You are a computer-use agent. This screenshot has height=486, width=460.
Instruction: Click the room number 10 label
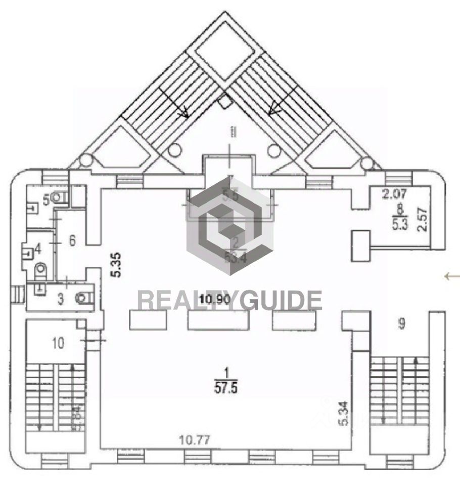pyautogui.click(x=59, y=343)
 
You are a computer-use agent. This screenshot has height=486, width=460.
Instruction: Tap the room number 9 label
pyautogui.click(x=401, y=324)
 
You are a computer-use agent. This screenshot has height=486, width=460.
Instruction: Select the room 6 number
pyautogui.click(x=72, y=241)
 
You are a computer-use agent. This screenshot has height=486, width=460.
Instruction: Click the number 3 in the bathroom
pyautogui.click(x=61, y=300)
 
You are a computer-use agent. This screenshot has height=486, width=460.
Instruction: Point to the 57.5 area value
pyautogui.click(x=227, y=389)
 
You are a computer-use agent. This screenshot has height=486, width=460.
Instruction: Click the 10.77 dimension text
pyautogui.click(x=195, y=441)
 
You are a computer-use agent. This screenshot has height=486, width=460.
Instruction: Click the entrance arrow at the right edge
pyautogui.click(x=452, y=276)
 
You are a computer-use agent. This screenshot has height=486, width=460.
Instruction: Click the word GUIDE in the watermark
pyautogui.click(x=281, y=300)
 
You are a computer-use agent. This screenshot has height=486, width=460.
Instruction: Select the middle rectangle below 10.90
pyautogui.click(x=218, y=320)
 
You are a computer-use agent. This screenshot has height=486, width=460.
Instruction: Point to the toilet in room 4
pyautogui.click(x=40, y=272)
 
